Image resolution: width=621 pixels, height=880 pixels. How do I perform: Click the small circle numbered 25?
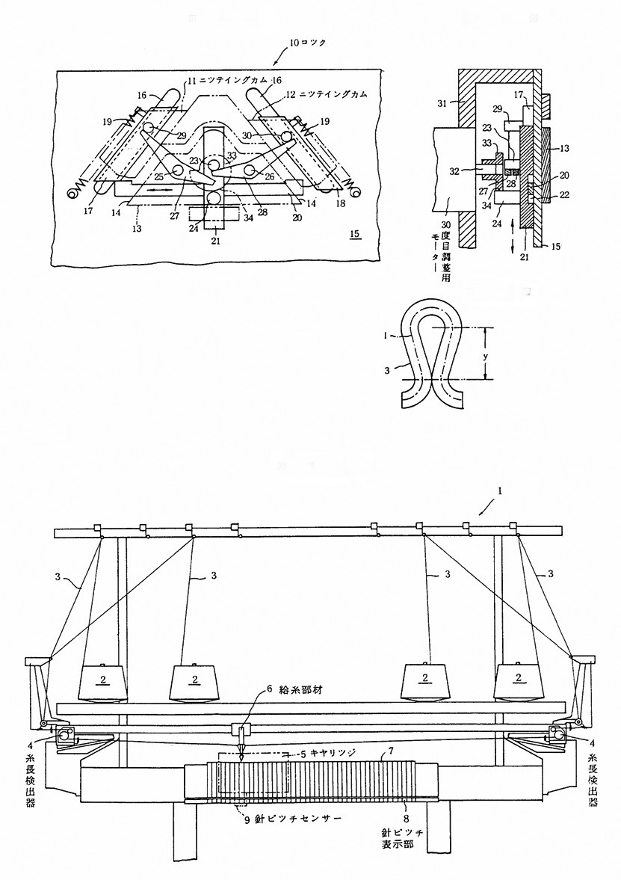click(x=178, y=171)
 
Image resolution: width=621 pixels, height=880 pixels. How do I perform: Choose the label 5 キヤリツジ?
click(x=330, y=754)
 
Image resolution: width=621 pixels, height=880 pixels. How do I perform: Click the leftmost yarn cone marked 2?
click(x=101, y=680)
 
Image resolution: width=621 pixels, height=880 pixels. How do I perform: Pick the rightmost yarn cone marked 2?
click(x=517, y=680)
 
